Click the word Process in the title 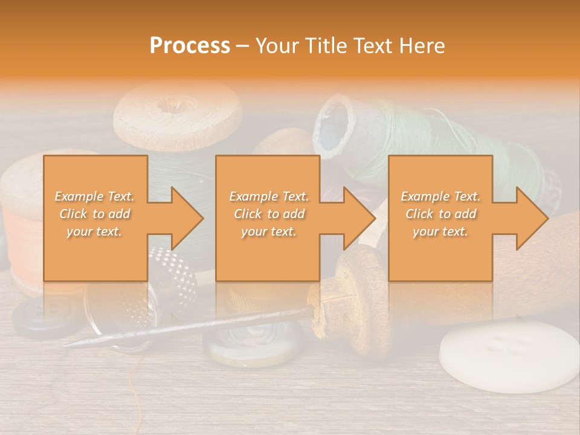pos(190,45)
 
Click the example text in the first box pos(95,214)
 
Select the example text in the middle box pos(269,214)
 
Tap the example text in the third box pos(440,214)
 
